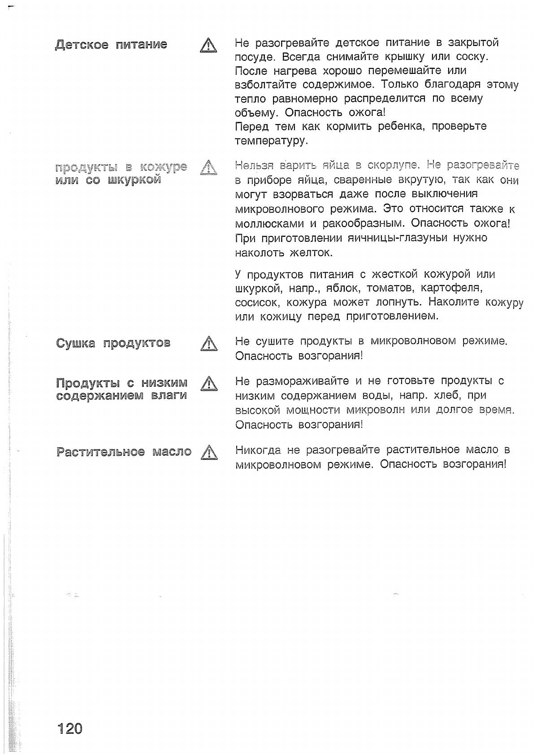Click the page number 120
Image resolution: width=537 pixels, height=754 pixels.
click(70, 728)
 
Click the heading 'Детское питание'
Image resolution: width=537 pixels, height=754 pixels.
click(111, 45)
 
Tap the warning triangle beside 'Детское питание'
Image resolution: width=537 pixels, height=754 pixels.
click(208, 46)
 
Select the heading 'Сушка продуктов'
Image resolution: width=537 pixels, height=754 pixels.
click(113, 343)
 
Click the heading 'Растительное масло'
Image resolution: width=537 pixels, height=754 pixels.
click(124, 452)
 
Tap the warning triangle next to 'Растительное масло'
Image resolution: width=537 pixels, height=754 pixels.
click(209, 453)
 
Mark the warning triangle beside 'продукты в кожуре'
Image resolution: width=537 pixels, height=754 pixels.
click(208, 168)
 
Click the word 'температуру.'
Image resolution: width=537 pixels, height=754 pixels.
click(271, 141)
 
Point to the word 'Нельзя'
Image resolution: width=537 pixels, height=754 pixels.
click(254, 166)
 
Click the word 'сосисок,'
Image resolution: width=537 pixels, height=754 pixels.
click(258, 302)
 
